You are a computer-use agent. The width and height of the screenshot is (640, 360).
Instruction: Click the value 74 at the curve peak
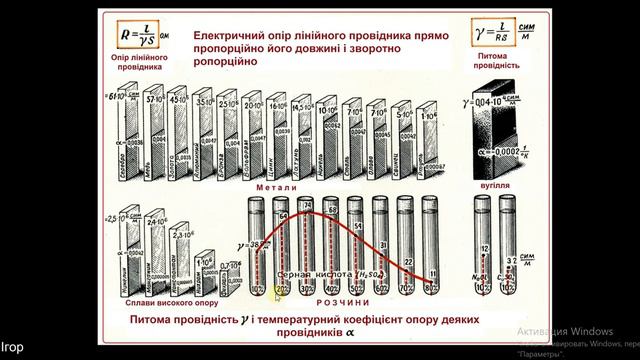(307, 211)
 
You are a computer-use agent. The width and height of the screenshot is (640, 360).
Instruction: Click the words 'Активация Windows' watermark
(569, 331)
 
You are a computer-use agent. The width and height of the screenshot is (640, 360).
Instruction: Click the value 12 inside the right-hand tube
(483, 247)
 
